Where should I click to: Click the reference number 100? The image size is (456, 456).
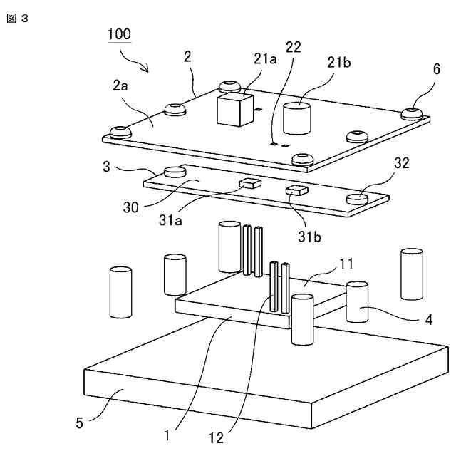click(x=119, y=34)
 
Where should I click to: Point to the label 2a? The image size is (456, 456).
click(x=120, y=86)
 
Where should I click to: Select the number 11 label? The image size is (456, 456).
click(x=346, y=263)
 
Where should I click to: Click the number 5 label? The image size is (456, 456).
click(x=80, y=423)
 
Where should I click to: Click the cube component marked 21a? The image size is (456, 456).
click(x=232, y=108)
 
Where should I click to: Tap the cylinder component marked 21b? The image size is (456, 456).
click(x=298, y=118)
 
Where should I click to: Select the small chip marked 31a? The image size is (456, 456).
click(x=250, y=182)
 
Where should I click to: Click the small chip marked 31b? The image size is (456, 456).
click(x=296, y=190)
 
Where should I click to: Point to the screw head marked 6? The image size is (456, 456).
click(x=413, y=113)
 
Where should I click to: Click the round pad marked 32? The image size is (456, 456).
click(x=358, y=199)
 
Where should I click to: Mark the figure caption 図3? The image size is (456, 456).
click(x=17, y=19)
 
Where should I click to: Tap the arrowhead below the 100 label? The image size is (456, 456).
click(x=147, y=69)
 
